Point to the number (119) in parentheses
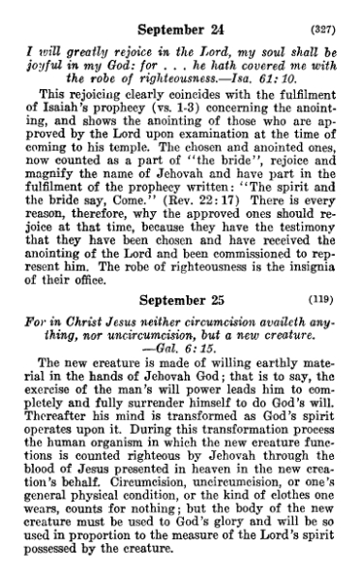(x=337, y=298)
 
